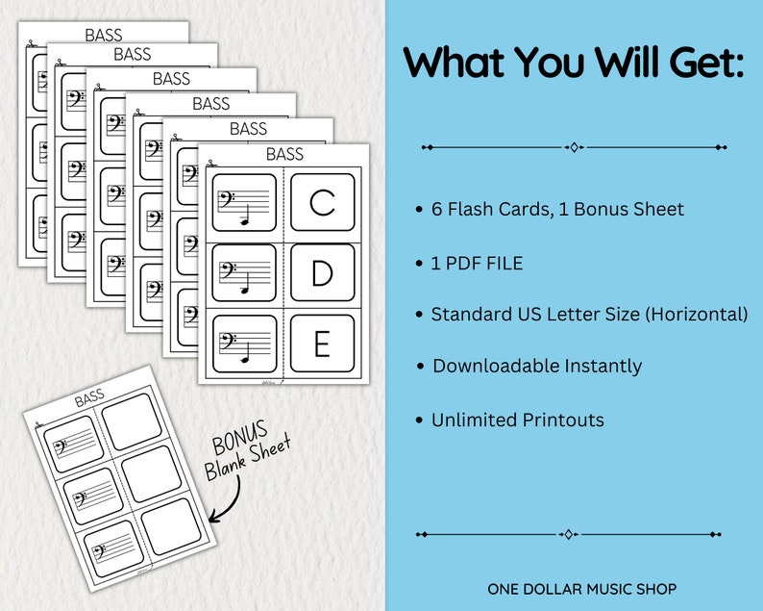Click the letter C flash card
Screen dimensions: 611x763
(323, 202)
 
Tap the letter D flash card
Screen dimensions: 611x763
(323, 273)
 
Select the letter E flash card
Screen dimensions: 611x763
(323, 344)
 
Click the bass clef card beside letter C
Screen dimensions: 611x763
(244, 202)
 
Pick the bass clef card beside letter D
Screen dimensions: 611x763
(244, 273)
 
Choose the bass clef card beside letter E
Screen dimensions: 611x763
(244, 344)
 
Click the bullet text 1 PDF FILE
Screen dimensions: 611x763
(477, 263)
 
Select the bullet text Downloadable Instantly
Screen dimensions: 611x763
(537, 366)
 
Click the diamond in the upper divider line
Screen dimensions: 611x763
(574, 147)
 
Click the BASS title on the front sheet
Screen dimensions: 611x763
(284, 154)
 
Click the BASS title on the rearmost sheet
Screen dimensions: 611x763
(104, 36)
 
